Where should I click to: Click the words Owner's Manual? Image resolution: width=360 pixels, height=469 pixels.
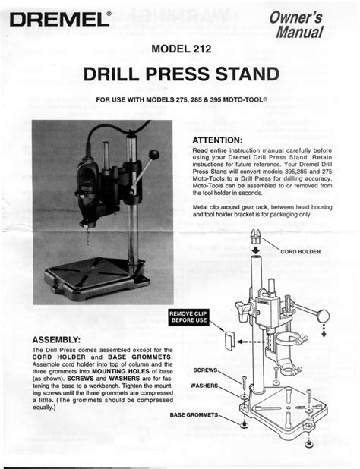(x=312, y=28)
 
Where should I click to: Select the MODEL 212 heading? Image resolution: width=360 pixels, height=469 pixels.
(x=181, y=50)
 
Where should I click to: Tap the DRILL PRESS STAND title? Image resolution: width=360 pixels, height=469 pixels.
(x=180, y=76)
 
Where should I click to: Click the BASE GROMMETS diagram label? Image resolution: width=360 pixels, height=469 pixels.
(x=194, y=415)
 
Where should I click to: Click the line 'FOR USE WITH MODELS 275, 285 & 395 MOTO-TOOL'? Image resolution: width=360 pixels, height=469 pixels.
(x=180, y=101)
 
